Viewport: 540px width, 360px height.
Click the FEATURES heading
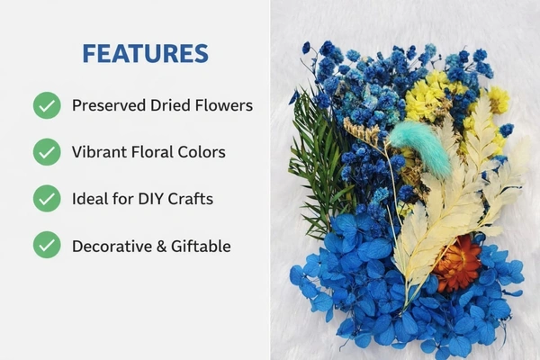145,53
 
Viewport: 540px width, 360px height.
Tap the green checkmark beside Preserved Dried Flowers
47,105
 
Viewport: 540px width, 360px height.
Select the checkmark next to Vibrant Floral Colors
47,152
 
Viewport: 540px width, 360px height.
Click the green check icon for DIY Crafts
47,198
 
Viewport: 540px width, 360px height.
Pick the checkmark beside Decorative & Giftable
47,245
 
